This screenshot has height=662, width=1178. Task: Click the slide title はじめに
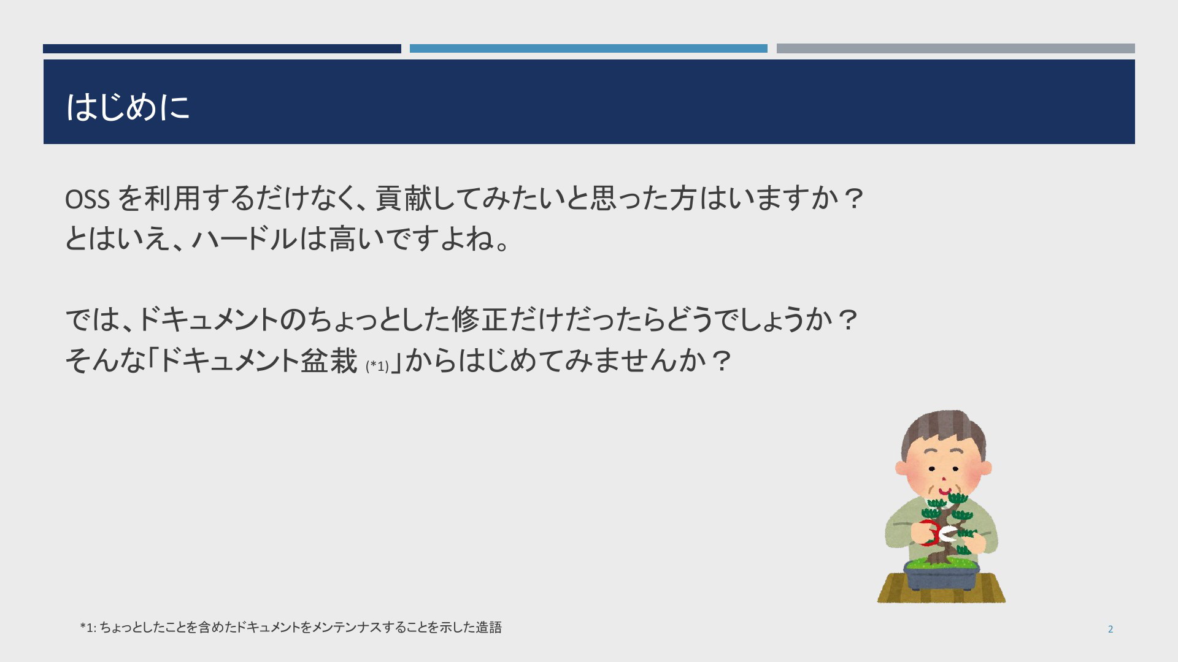coord(128,107)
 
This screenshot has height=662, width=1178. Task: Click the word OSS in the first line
coord(88,199)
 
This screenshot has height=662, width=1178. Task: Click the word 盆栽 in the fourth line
coord(329,360)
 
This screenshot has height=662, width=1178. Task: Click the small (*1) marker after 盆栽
coord(377,366)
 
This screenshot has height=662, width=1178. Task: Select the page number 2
coord(1111,629)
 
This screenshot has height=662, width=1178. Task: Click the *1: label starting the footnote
coord(88,628)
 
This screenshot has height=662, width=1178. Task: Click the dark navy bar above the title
coord(222,48)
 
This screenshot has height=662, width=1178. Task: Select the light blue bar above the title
coord(588,48)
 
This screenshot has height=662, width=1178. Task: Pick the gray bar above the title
coord(955,48)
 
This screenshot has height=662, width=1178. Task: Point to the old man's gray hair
coord(943,429)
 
